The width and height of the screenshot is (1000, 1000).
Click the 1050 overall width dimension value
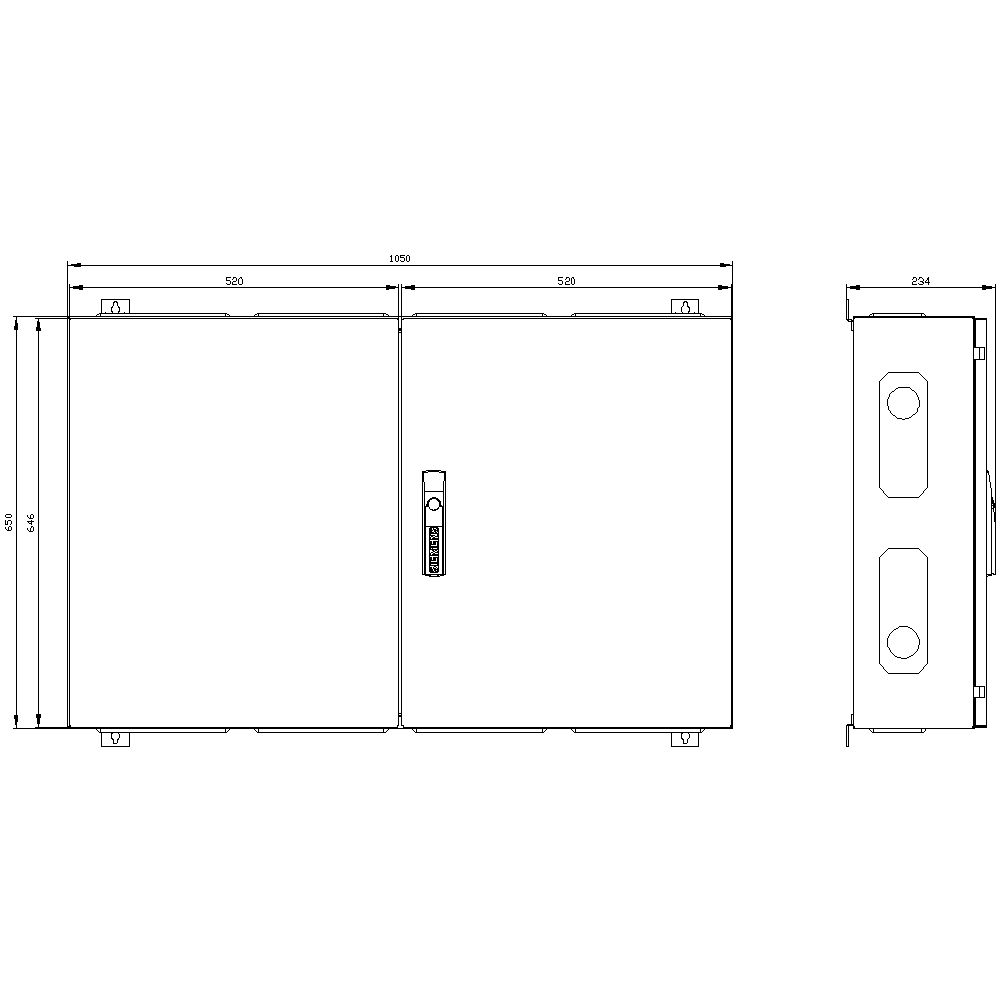(x=399, y=258)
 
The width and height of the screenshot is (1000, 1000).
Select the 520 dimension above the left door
(x=233, y=281)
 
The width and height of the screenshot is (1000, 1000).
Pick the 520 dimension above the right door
(x=566, y=281)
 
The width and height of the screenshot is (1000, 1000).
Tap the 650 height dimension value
(x=9, y=521)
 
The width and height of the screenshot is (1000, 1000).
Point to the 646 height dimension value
(x=30, y=521)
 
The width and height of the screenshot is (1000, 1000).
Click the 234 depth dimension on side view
(x=920, y=281)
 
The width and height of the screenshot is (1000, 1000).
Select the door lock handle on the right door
(x=434, y=524)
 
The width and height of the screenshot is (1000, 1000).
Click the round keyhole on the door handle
(x=434, y=503)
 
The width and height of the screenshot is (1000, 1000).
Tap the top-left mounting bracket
(x=115, y=307)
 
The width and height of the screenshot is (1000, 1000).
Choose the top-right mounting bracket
(x=685, y=307)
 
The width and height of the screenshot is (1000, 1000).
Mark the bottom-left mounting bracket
(x=115, y=739)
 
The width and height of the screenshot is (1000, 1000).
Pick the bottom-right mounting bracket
(x=685, y=739)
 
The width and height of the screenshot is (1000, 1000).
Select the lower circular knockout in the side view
(x=903, y=641)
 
